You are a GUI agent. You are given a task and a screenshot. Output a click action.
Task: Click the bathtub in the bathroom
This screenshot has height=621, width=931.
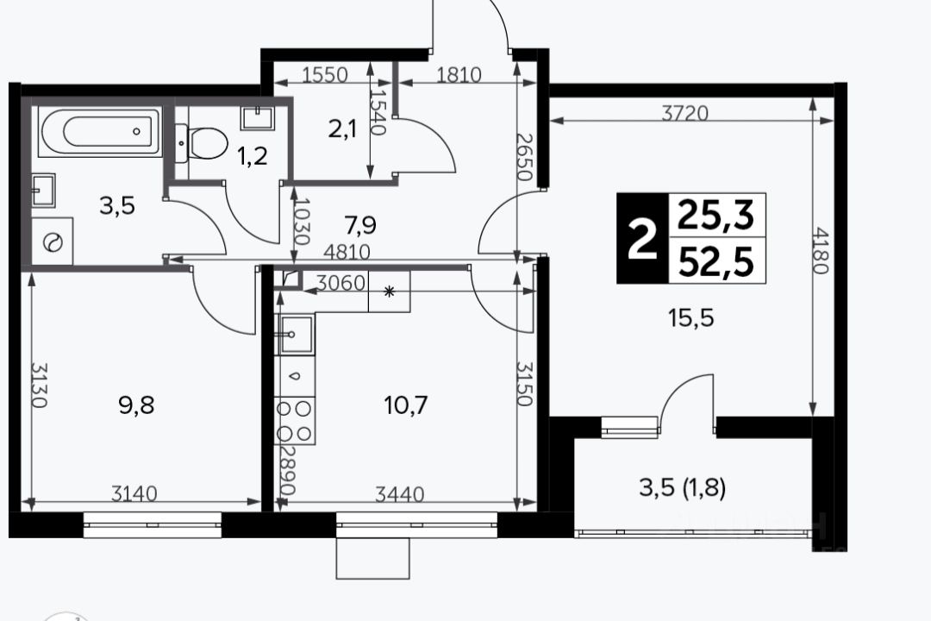100,132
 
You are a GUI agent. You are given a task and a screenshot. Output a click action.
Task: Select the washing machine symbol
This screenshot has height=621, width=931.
53,241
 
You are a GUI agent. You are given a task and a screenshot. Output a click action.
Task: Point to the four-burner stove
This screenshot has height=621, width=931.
295,421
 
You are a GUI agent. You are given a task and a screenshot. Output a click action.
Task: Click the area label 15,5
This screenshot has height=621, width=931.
691,318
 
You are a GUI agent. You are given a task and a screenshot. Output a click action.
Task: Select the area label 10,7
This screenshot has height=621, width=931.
406,406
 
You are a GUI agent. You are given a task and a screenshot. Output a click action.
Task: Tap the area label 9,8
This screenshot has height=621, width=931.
136,406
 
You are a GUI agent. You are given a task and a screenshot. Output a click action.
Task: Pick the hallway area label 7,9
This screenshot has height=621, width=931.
360,225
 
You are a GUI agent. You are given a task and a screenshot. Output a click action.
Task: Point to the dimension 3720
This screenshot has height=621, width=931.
685,113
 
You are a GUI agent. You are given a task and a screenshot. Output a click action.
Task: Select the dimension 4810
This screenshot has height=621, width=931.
347,253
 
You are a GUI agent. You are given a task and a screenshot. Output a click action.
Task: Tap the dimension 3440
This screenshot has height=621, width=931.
400,494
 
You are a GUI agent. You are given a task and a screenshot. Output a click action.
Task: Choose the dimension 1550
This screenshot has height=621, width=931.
325,75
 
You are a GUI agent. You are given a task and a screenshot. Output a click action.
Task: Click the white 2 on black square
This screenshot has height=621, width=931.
643,238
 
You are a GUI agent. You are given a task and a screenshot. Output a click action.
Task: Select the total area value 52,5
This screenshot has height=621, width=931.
716,262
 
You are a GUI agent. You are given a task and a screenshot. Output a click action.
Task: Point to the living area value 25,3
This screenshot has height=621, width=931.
716,215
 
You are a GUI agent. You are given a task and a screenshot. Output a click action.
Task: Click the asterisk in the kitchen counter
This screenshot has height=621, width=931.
390,292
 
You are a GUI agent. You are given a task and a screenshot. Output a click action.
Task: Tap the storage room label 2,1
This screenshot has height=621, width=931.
342,129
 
